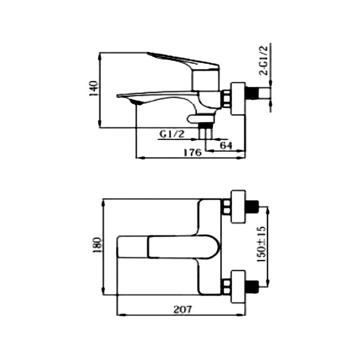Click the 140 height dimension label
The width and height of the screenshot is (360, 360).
(x=93, y=88)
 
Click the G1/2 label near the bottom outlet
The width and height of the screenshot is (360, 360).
(x=172, y=134)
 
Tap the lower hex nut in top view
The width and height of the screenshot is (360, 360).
(x=226, y=284)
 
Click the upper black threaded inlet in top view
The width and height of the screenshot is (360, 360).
(x=252, y=207)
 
